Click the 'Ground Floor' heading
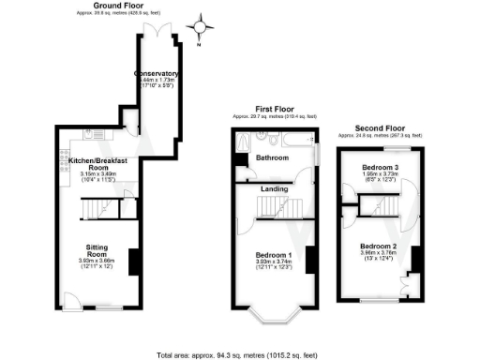pyautogui.click(x=103, y=7)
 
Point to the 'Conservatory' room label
pyautogui.click(x=157, y=74)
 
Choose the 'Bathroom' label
pyautogui.click(x=273, y=158)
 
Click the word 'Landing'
pyautogui.click(x=274, y=189)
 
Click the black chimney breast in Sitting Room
pyautogui.click(x=134, y=262)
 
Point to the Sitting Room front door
pyautogui.click(x=69, y=303)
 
